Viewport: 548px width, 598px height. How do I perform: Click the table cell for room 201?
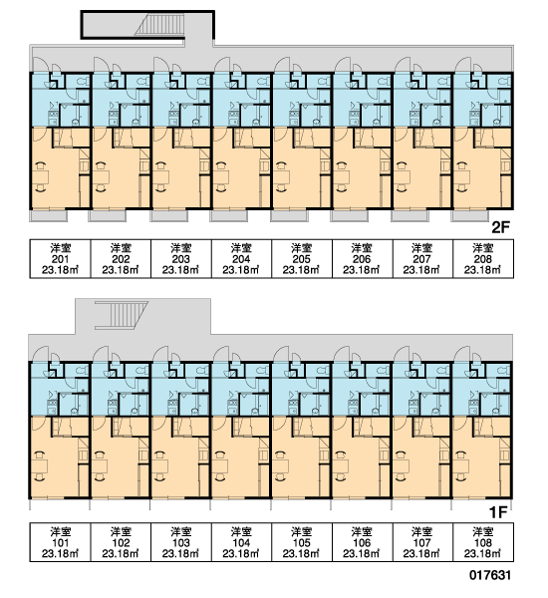(x=60, y=258)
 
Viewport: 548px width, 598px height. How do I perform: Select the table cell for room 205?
(x=302, y=258)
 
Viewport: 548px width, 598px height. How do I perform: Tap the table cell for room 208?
(x=483, y=258)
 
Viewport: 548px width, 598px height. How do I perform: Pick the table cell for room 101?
(x=60, y=542)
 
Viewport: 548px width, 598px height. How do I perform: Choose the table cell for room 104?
(x=241, y=542)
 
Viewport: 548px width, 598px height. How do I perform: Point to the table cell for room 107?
(x=422, y=542)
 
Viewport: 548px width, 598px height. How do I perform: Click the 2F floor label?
(x=501, y=227)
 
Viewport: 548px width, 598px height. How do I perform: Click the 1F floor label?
(x=498, y=513)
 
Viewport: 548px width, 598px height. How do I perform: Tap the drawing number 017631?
(x=490, y=575)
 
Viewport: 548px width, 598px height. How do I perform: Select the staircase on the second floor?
(x=160, y=25)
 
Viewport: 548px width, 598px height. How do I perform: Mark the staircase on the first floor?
(x=122, y=315)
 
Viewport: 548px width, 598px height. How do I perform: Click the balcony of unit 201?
(x=49, y=216)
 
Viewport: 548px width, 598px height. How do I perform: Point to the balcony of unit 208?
(x=470, y=216)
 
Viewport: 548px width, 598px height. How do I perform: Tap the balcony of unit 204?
(x=229, y=216)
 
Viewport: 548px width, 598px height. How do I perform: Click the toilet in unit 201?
(x=83, y=82)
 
